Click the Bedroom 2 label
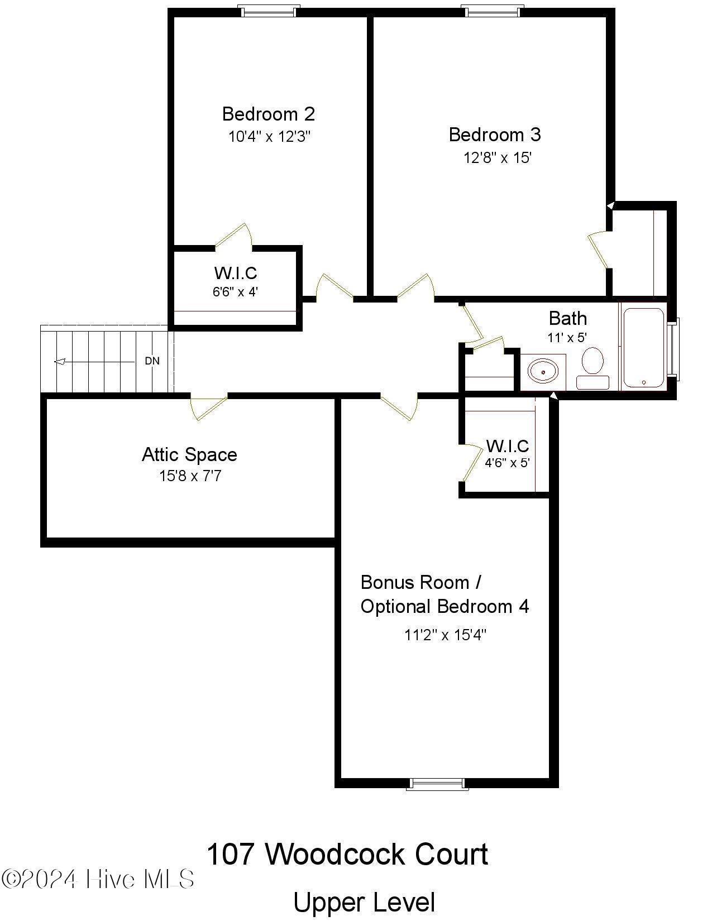[269, 114]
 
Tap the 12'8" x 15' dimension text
[497, 158]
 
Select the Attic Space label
[189, 454]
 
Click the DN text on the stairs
[152, 361]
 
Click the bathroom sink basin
[543, 371]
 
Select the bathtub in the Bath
[643, 347]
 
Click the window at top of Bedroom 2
[269, 11]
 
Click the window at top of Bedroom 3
[493, 11]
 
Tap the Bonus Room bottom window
[437, 784]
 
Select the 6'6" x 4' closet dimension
[235, 291]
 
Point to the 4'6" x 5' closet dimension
[506, 463]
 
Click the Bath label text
[567, 319]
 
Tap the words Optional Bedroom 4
[445, 607]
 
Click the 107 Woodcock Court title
[347, 855]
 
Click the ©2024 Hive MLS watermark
[98, 879]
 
